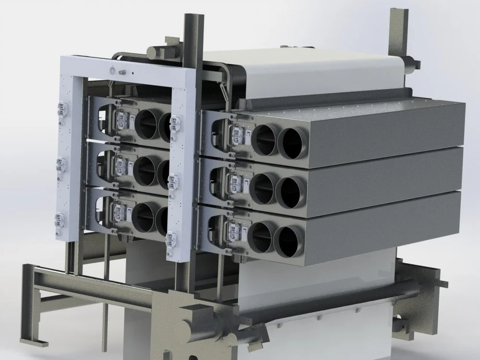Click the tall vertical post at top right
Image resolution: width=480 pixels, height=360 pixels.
[x=398, y=29]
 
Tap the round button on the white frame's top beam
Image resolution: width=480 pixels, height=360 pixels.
[x=113, y=71]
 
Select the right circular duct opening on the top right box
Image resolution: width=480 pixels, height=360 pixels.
[x=292, y=143]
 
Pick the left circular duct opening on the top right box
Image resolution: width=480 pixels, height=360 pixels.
[x=265, y=140]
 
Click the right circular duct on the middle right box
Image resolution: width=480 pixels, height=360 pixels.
[x=291, y=192]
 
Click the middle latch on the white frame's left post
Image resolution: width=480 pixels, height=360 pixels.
[x=61, y=165]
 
